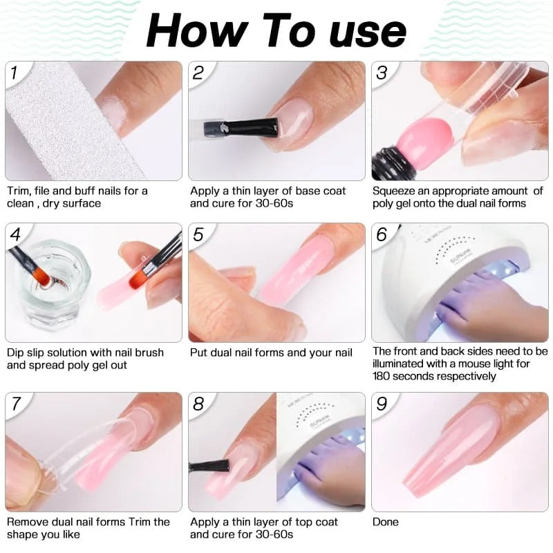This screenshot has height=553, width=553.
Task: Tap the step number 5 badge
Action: pos(198,234)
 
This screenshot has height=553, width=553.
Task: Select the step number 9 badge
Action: pos(382,403)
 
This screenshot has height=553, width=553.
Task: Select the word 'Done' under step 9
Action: pos(386,522)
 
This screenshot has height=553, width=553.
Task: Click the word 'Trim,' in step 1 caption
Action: pos(20,191)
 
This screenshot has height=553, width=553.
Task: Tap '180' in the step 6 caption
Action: pos(382,377)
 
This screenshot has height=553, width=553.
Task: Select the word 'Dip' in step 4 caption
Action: pos(16,353)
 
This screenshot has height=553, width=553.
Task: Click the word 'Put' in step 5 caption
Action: pos(198,353)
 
